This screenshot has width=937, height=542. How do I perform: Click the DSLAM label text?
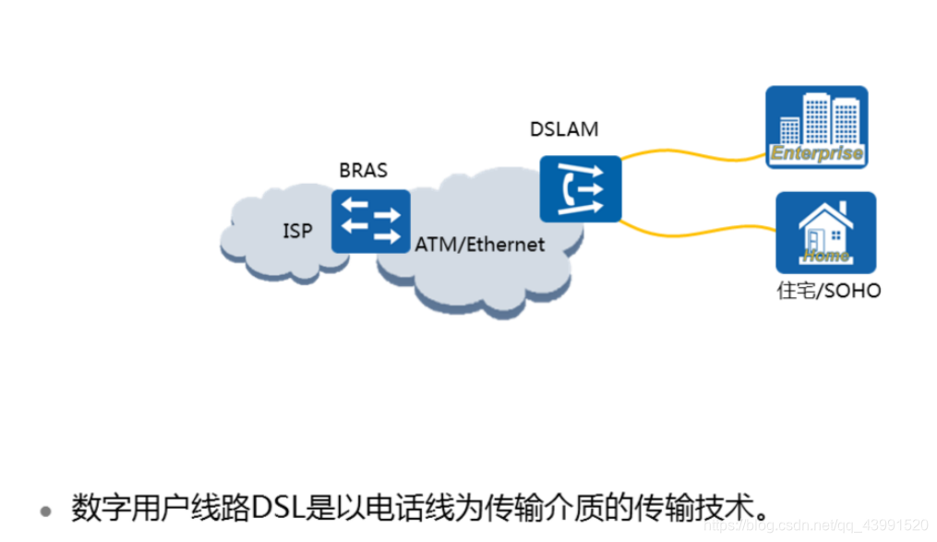click(564, 129)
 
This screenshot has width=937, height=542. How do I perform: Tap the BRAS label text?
click(363, 171)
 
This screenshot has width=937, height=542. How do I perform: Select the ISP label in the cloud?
click(297, 230)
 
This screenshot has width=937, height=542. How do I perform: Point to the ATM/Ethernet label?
click(479, 245)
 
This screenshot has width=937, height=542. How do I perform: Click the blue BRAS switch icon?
click(371, 221)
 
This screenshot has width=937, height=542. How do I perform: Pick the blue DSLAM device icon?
click(581, 189)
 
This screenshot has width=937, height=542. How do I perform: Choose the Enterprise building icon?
click(817, 126)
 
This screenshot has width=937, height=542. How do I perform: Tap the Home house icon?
click(825, 232)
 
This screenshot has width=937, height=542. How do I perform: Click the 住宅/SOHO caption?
click(828, 291)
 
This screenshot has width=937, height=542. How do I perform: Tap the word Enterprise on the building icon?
click(817, 153)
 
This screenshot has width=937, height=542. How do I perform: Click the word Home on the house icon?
click(825, 255)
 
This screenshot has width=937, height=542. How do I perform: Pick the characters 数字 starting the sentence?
click(98, 508)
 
